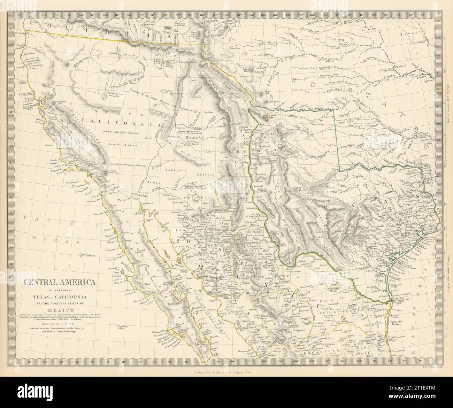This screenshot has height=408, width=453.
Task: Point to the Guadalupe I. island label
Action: (x=87, y=255)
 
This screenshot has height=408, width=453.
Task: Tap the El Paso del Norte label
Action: (x=257, y=217)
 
